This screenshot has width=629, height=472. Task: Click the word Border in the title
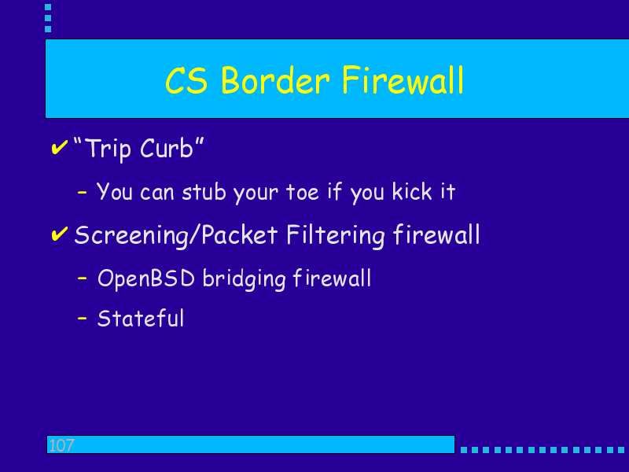coord(275,80)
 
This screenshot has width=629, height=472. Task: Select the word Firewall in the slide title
coord(403,80)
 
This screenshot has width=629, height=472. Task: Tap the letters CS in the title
coord(186,80)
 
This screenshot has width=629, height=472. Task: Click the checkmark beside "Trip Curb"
coord(60,147)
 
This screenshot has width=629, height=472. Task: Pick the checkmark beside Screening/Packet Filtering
coord(60,234)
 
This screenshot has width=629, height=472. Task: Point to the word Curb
coord(167,148)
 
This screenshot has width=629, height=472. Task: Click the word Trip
coord(109,149)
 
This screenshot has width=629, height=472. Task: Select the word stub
coord(204,191)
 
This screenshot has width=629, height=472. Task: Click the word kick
coord(412,191)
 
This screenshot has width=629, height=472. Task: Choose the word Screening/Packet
coord(175,234)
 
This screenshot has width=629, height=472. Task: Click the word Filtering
coord(336,235)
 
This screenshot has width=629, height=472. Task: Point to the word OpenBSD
coord(146,278)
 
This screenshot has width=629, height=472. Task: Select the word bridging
coord(244,278)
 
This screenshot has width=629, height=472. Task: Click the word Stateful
coord(141,319)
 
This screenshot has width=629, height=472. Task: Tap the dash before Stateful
coord(83,319)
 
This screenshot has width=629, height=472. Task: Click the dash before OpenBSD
coord(83,278)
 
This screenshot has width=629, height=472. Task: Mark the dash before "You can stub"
coord(83,193)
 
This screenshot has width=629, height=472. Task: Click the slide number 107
coord(61,445)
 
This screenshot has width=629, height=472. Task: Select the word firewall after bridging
coord(332,278)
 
